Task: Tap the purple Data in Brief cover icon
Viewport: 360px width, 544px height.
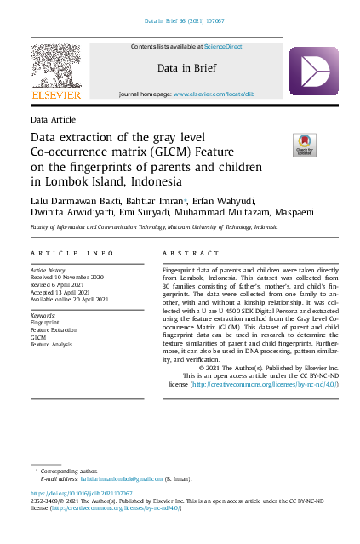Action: tap(313, 72)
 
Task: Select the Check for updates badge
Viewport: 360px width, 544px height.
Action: tap(305, 144)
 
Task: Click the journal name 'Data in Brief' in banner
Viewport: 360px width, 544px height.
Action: tap(186, 68)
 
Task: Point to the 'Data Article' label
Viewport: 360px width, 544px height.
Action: tap(53, 120)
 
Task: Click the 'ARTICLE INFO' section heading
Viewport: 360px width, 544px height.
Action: tap(71, 255)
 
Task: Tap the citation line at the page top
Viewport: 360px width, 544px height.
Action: tap(180, 20)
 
